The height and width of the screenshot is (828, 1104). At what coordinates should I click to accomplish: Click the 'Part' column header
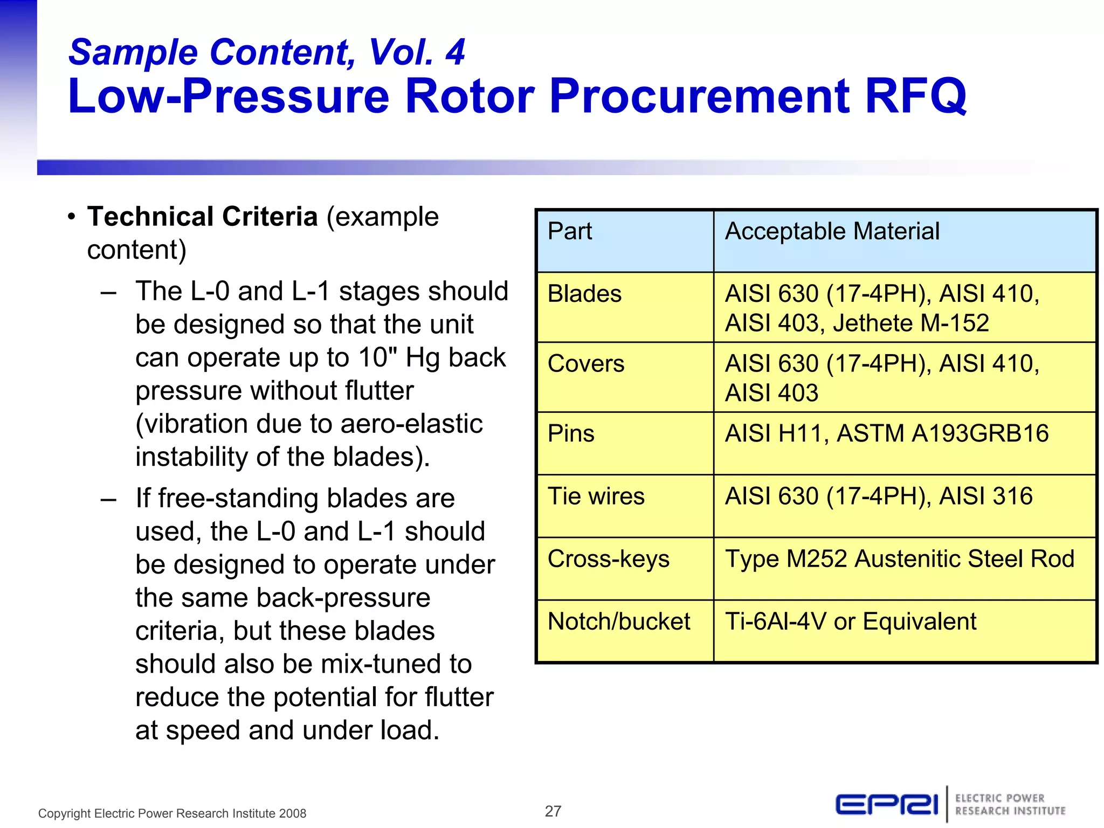pyautogui.click(x=569, y=231)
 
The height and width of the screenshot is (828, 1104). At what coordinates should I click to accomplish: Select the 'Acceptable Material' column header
pyautogui.click(x=832, y=231)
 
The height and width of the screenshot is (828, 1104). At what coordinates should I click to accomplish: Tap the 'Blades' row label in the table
pyautogui.click(x=584, y=294)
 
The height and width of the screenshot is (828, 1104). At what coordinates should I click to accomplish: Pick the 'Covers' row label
pyautogui.click(x=586, y=364)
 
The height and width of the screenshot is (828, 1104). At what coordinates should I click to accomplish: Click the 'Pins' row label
pyautogui.click(x=571, y=434)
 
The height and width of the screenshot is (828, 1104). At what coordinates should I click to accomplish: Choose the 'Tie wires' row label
pyautogui.click(x=596, y=496)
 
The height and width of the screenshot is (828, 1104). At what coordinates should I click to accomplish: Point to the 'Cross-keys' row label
pyautogui.click(x=608, y=559)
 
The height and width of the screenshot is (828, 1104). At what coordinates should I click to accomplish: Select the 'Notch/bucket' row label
pyautogui.click(x=618, y=622)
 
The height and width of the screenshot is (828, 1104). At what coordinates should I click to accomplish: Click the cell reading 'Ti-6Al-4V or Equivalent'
pyautogui.click(x=850, y=622)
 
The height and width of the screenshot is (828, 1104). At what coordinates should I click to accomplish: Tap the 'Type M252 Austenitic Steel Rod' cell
pyautogui.click(x=899, y=559)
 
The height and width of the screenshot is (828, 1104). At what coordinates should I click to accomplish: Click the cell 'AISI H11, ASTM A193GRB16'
pyautogui.click(x=886, y=434)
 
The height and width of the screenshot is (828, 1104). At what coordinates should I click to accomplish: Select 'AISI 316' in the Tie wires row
pyautogui.click(x=985, y=496)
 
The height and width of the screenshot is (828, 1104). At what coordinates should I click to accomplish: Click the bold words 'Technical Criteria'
pyautogui.click(x=202, y=217)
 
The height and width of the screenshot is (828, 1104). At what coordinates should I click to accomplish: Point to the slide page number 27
pyautogui.click(x=553, y=811)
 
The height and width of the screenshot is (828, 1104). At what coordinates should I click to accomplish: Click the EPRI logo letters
pyautogui.click(x=887, y=805)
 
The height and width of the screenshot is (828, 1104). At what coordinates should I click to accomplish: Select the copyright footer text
pyautogui.click(x=172, y=813)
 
